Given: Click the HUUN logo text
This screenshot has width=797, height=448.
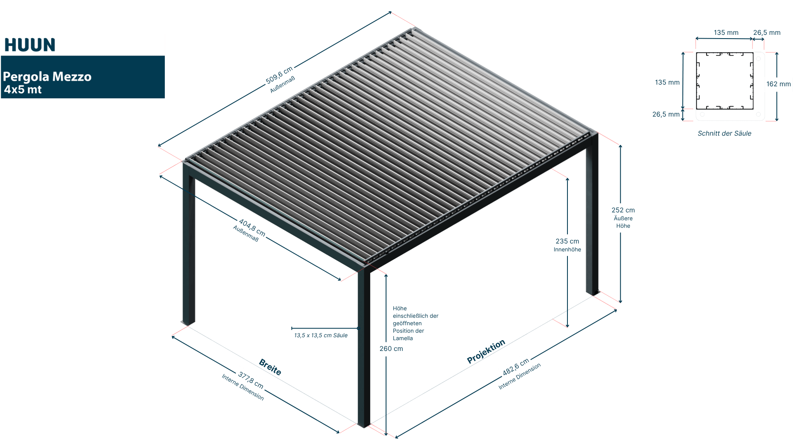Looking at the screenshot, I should point(30,45).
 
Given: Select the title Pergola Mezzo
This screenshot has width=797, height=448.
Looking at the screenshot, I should point(47,77).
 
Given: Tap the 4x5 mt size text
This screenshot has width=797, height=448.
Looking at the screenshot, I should point(23,90).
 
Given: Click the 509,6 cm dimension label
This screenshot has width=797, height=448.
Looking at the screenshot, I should point(279,75).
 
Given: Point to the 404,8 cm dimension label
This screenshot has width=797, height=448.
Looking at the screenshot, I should point(252,228).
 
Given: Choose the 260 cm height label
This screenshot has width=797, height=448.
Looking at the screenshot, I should point(391,349).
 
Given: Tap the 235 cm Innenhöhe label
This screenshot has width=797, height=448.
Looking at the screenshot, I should point(567,245).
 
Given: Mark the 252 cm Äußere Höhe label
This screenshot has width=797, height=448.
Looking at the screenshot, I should point(623,218).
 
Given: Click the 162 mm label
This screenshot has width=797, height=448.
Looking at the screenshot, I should point(778,84).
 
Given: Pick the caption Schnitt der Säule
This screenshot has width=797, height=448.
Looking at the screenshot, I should point(724,134).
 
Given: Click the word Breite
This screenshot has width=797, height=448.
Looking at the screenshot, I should point(270,367).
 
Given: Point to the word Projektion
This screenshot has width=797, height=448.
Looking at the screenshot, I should point(486,351).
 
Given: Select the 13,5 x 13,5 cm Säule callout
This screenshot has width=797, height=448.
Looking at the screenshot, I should point(321,335).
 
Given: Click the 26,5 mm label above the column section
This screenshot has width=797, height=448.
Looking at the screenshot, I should point(767,33).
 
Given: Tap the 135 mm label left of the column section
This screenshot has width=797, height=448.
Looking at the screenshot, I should point(667,83).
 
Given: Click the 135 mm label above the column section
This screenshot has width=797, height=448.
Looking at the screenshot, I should point(726,33).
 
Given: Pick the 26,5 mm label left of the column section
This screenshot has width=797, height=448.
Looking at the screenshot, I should point(666,114).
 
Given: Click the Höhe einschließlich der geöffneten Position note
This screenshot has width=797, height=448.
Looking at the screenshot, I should point(415,323).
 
